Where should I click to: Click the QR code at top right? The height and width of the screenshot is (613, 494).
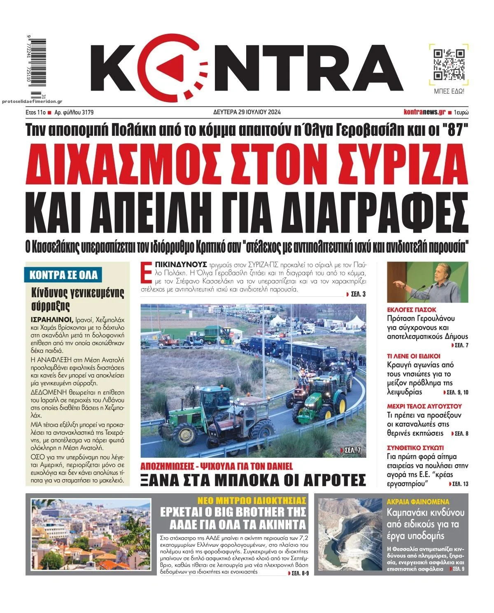coord(449,64)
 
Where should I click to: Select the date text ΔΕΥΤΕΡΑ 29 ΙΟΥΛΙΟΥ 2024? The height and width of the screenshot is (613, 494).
coord(247,112)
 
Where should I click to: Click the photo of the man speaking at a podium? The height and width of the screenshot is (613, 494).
coord(428,282)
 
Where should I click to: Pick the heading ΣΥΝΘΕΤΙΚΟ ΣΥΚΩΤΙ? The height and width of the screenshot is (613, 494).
coord(415,448)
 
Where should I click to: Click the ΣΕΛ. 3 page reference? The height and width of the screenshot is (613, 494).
coord(355,294)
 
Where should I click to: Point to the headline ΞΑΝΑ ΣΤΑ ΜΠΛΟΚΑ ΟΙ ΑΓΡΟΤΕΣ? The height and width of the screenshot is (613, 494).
coord(253,480)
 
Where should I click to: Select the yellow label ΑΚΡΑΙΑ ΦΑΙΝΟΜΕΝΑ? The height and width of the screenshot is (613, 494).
coord(418,502)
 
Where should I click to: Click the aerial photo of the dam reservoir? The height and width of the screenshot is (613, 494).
coord(351,535)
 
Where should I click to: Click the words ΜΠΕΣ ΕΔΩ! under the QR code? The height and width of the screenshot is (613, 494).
coord(449,91)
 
